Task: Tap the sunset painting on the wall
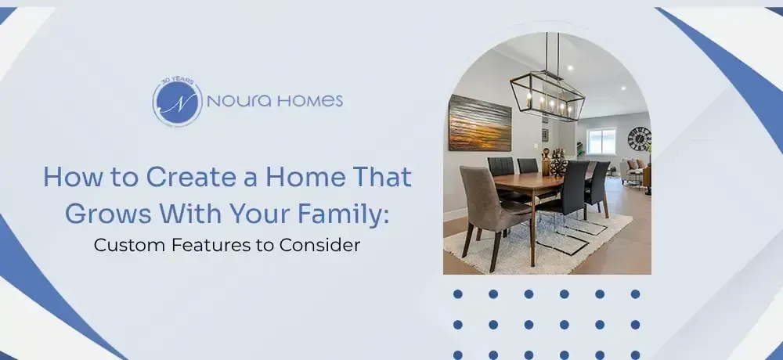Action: pos(479,123)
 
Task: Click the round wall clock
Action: pos(639,139)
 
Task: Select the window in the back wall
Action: pos(601,141)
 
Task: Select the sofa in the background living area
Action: pos(633,168)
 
